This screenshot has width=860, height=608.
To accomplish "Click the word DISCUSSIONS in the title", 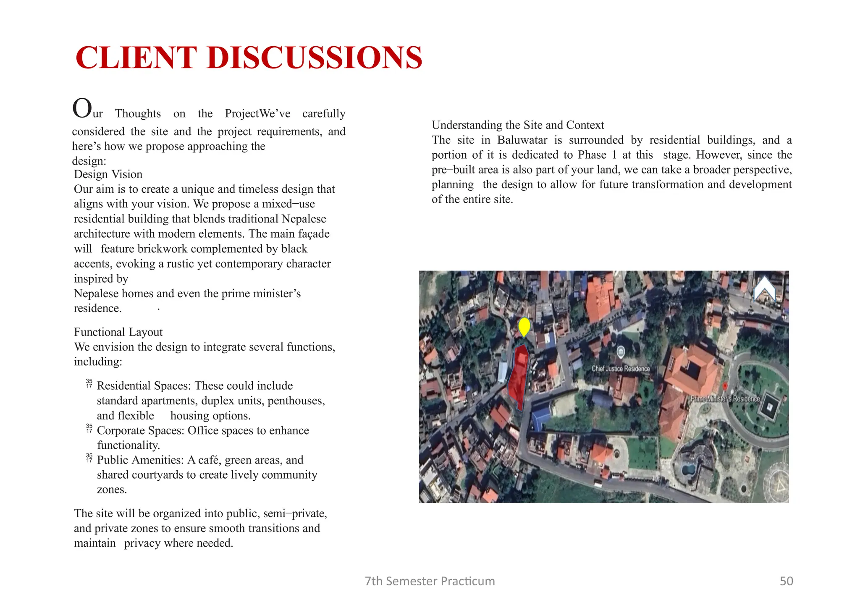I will coord(315,58).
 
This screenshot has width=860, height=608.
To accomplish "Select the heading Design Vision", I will coord(108,174).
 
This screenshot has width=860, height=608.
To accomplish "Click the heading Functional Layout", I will coord(118,332).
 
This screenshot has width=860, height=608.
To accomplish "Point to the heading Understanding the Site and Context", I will coord(518,125).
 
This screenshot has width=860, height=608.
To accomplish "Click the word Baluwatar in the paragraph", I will coord(522,140).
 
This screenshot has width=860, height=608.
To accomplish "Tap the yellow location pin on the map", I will coord(524,326).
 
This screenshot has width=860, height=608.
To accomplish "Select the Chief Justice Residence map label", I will coord(620,369).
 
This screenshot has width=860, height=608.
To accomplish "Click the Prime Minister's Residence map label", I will coord(725,399).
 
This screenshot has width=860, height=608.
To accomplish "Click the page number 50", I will coord(786,581).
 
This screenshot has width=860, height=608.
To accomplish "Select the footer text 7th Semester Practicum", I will coord(430,581).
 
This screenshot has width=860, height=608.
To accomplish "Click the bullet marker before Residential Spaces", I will coord(89,384).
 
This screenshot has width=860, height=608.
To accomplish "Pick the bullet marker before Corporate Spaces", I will coord(89,429).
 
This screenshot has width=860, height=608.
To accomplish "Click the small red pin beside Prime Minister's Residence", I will coord(725,385).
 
